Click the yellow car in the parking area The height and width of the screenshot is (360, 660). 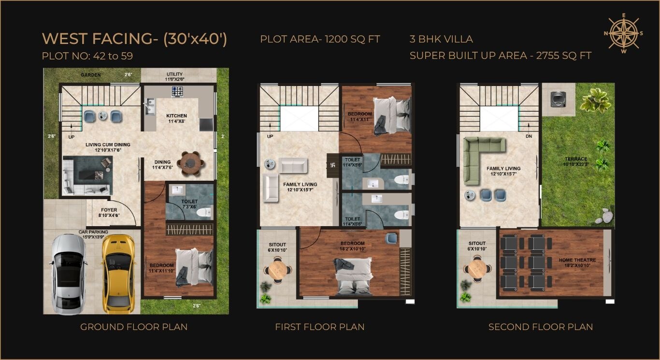(x=118, y=273)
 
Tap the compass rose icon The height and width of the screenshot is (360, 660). (x=624, y=33)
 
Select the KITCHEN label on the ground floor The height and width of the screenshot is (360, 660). (x=176, y=116)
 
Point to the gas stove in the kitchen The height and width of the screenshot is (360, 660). (x=177, y=91)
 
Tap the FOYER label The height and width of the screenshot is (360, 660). (x=109, y=210)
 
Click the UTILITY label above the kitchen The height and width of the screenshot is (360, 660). (x=174, y=74)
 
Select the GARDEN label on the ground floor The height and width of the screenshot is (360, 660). (x=90, y=75)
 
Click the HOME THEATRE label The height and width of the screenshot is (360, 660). (x=577, y=260)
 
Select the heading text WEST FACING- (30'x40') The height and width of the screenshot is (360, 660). (x=134, y=39)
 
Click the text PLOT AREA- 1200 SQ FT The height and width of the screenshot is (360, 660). (x=320, y=39)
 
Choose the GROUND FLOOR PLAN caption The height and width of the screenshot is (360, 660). (x=134, y=327)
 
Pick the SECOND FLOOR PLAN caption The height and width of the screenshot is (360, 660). (x=540, y=327)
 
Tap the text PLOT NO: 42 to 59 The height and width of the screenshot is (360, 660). (x=87, y=56)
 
